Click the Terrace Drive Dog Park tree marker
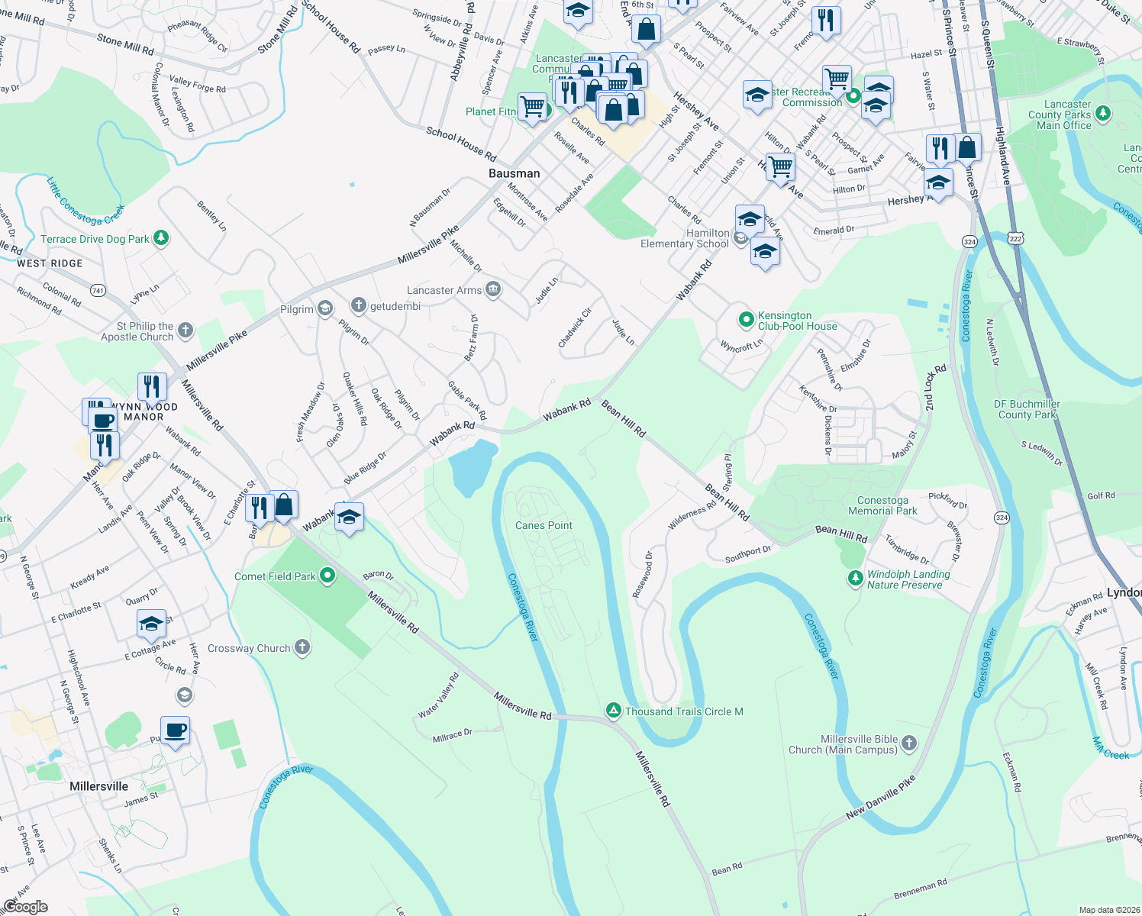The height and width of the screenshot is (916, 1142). (160, 238)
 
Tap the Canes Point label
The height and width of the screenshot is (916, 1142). (544, 525)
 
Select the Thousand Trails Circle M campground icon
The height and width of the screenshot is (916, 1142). (613, 711)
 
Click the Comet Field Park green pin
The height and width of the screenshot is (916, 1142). (327, 576)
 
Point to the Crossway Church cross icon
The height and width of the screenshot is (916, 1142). (302, 648)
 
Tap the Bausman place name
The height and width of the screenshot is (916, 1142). (514, 173)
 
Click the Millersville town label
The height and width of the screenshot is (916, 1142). (98, 786)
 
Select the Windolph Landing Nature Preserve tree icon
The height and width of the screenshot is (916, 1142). (855, 579)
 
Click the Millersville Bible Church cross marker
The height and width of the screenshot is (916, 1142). (908, 742)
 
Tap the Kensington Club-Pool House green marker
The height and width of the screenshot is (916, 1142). (746, 319)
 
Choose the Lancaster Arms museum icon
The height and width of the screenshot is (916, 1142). (493, 289)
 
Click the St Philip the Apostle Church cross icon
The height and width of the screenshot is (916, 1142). (185, 331)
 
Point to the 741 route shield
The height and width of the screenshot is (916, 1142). (98, 290)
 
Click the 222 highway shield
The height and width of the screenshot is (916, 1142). (1015, 238)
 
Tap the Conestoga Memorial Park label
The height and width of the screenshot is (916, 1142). (882, 505)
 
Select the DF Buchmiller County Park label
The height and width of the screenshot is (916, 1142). (1027, 409)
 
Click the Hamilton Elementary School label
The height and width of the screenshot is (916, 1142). (685, 238)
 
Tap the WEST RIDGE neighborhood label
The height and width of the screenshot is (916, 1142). (50, 263)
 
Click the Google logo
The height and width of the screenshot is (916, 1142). (25, 906)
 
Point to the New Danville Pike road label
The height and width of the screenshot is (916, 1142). (880, 798)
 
